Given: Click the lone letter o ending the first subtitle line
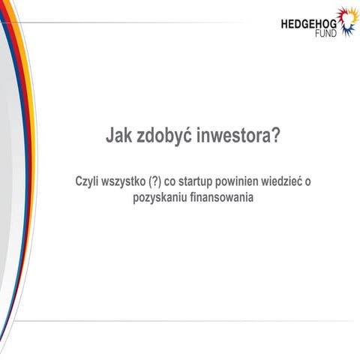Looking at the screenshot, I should click(316, 183).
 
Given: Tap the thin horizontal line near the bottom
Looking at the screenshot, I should click(187, 320).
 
